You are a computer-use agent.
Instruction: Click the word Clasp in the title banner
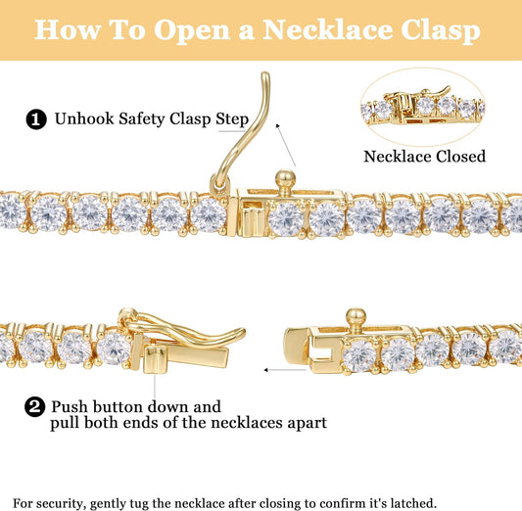(x=441, y=30)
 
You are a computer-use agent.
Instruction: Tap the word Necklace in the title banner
(x=329, y=29)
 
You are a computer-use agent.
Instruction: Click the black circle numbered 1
(x=36, y=119)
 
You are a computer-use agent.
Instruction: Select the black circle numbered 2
(x=34, y=406)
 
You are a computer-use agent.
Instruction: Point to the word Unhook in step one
(x=84, y=118)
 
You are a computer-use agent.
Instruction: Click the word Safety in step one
(x=141, y=119)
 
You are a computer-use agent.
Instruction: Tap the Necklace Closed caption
(x=424, y=157)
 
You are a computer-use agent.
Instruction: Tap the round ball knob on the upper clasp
(x=285, y=180)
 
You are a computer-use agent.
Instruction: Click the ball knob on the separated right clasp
(x=356, y=319)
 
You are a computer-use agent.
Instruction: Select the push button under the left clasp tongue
(x=154, y=359)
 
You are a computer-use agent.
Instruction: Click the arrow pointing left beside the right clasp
(x=285, y=370)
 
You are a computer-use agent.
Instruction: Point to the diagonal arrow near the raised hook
(x=286, y=145)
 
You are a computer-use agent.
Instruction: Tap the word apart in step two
(x=305, y=424)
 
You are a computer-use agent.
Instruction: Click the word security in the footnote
(x=59, y=503)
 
